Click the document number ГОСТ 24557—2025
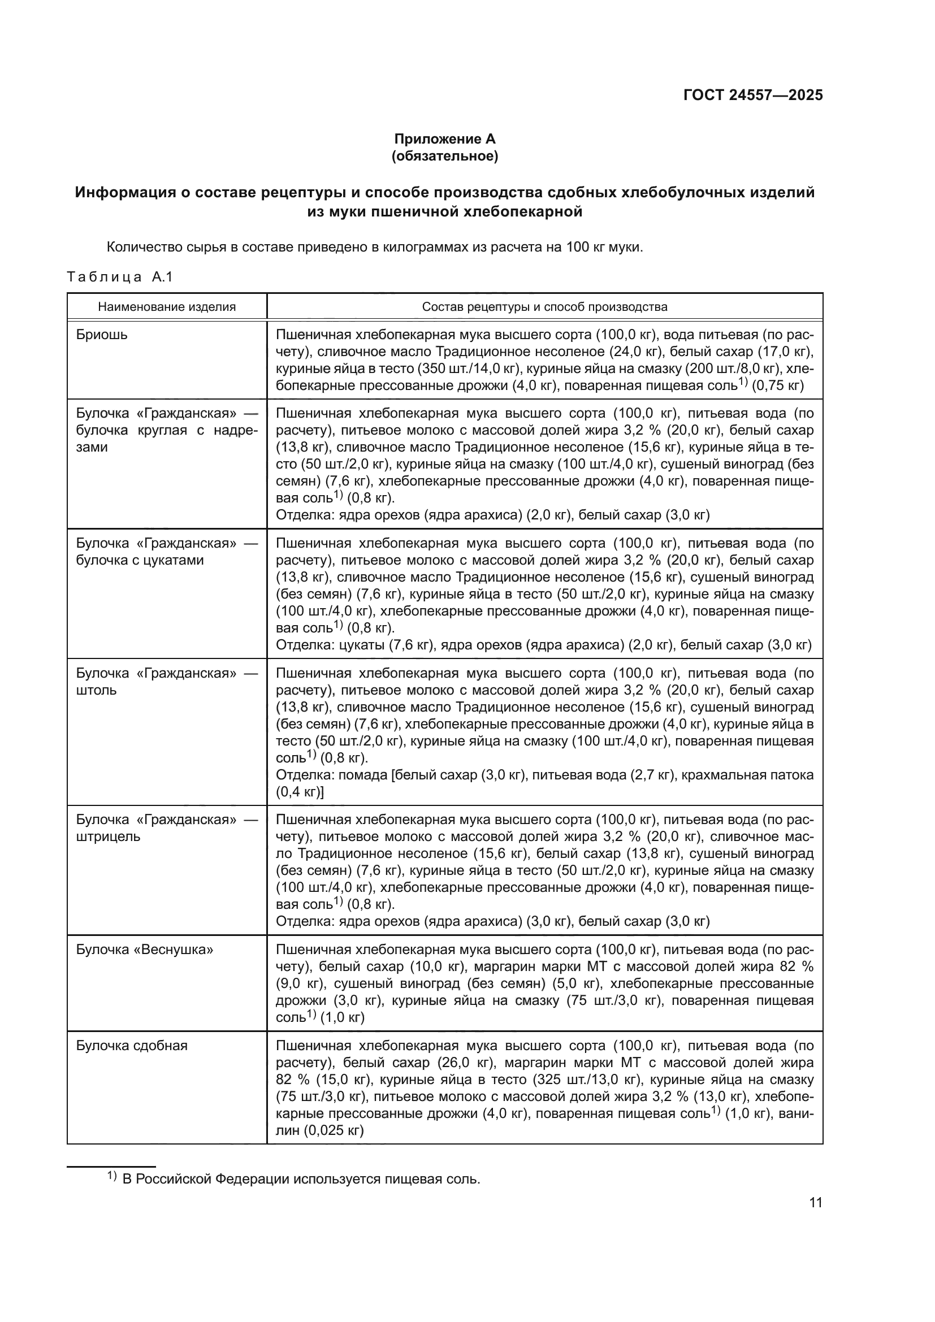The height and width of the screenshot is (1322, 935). pos(752,96)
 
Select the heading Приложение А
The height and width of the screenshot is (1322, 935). pos(444,139)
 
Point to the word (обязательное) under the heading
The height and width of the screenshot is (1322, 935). pos(444,156)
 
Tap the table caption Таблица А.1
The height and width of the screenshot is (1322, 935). pos(120,277)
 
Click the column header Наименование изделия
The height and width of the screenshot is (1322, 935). pos(166,307)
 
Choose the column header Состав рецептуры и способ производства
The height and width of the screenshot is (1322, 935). pos(544,307)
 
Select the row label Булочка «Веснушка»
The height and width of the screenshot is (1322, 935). pos(145,950)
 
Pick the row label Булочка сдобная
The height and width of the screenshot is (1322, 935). pos(132,1046)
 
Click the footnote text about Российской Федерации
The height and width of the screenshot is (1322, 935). pos(301,1179)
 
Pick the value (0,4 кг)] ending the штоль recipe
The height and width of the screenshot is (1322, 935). pos(300,792)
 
